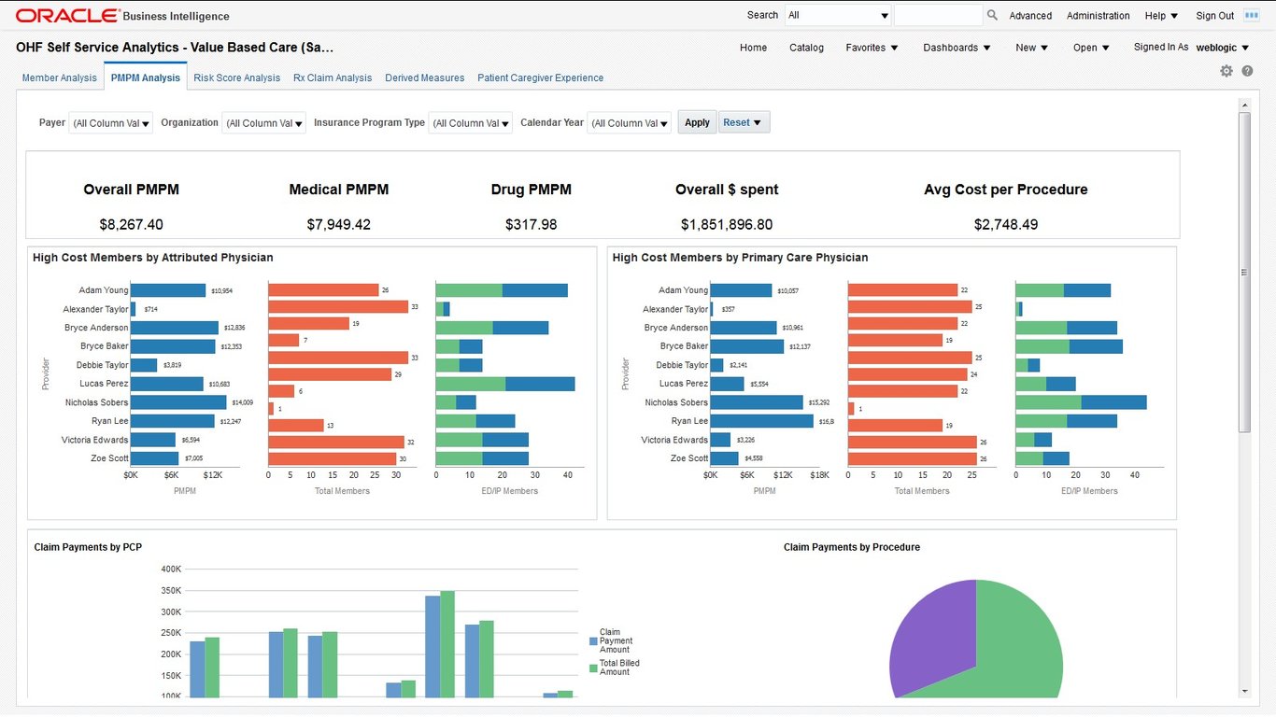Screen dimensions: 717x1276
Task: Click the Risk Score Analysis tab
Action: tap(236, 78)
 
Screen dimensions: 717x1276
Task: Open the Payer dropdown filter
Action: tap(111, 123)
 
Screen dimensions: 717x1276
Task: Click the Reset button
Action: tap(744, 122)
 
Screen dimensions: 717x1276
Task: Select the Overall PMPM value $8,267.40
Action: tap(131, 224)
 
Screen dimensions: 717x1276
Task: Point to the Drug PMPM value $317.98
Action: tap(531, 224)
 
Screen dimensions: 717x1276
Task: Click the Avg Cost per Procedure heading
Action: tap(1005, 190)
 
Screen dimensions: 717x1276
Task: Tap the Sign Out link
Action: tap(1214, 16)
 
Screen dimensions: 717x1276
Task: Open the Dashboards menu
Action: tap(957, 48)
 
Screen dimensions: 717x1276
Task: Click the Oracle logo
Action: tap(67, 16)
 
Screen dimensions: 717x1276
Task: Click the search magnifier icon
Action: tap(992, 15)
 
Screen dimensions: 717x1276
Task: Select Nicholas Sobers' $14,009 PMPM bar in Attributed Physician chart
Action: tap(178, 402)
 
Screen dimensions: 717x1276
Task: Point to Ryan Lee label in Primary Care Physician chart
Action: tap(689, 421)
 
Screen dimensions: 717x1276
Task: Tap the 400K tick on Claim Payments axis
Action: tap(171, 569)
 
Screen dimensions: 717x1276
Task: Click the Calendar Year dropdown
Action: tap(629, 123)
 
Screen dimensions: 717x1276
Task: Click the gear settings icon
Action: tap(1226, 71)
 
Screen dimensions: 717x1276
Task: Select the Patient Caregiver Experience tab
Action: tap(540, 78)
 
